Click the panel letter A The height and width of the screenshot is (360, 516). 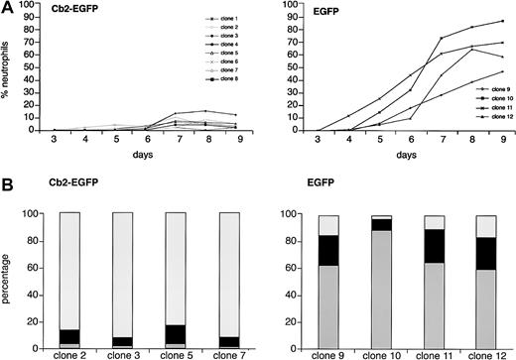8,8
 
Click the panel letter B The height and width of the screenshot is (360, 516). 8,185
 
